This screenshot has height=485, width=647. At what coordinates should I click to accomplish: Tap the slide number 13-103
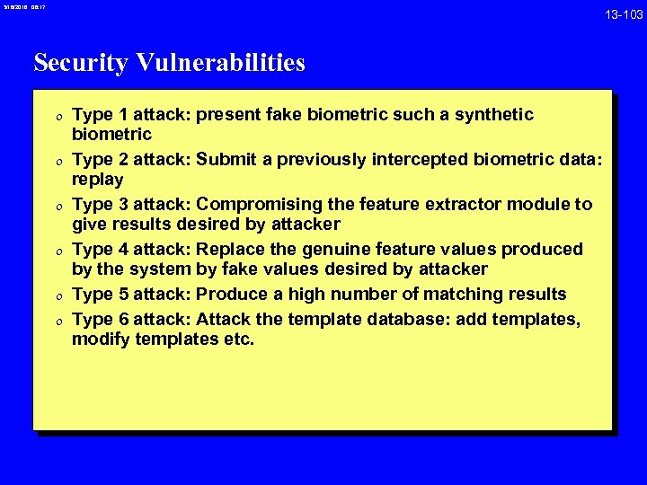click(x=623, y=14)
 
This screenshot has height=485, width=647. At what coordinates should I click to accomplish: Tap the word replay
click(x=98, y=180)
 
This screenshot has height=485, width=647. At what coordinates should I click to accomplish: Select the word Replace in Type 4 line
click(x=232, y=249)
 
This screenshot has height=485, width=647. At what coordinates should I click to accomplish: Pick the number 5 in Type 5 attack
click(x=121, y=294)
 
